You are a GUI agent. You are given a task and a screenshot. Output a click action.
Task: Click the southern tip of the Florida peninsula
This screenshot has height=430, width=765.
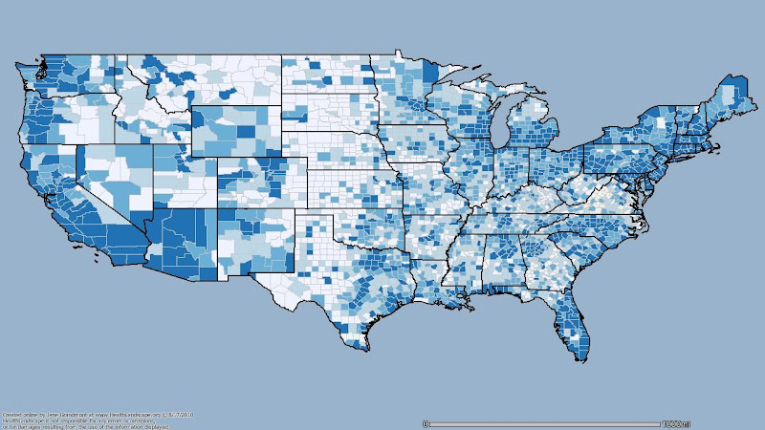(578, 357)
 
